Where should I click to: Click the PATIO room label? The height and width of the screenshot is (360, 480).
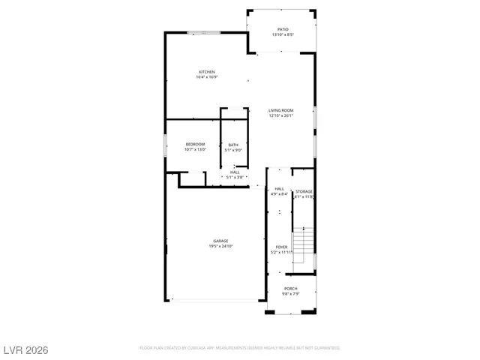282,29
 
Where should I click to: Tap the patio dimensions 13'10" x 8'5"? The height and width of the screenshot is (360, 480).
282,34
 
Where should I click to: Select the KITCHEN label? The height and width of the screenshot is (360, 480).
206,72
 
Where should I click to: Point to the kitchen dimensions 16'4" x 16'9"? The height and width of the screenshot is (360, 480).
206,77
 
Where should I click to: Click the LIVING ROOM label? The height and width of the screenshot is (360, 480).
281,110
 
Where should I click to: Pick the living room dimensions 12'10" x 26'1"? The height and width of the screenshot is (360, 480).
281,115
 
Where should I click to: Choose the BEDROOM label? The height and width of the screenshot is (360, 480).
195,144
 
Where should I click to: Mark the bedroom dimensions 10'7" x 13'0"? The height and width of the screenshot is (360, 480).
195,149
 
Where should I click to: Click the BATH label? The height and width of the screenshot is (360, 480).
234,145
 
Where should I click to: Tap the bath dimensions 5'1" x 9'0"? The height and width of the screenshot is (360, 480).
234,150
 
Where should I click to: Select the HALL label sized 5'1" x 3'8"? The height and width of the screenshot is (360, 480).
235,172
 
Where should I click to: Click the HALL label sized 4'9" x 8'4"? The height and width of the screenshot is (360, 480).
279,189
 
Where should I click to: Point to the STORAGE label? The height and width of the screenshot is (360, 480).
304,192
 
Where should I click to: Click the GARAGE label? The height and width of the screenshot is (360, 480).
220,241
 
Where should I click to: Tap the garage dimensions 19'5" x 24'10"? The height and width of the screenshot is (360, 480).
220,246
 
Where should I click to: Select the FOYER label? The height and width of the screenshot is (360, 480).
281,247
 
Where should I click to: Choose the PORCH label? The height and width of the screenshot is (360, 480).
290,289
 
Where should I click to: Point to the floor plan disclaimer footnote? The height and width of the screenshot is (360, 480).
240,348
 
